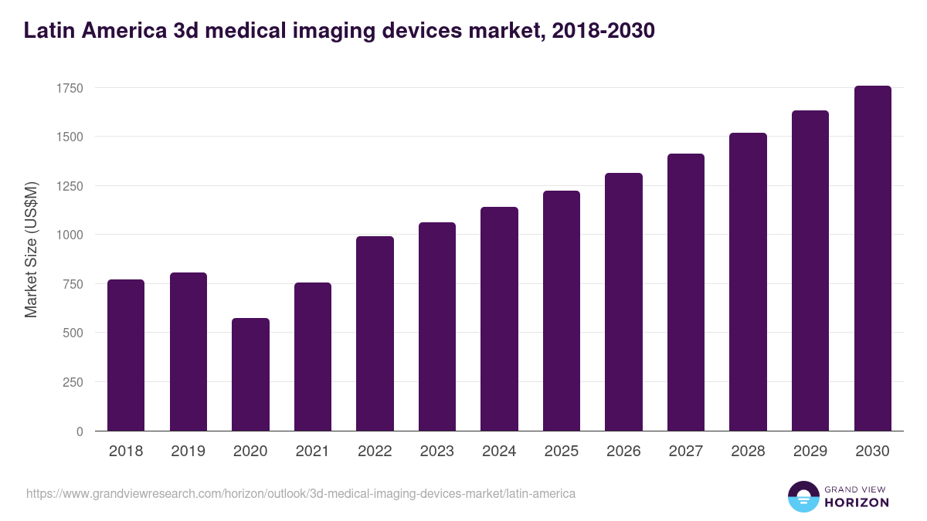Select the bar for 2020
pos(250,374)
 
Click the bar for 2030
pos(872,259)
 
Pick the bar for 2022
pos(375,333)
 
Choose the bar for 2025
pos(562,310)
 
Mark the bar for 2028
pos(748,282)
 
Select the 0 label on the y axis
pos(80,431)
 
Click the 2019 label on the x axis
pos(188,452)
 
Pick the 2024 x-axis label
pos(499,452)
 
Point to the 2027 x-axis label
pos(685,452)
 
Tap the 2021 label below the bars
pos(312,452)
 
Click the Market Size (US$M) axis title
pos(31,249)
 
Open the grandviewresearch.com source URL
pos(301,493)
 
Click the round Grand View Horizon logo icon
pos(803,496)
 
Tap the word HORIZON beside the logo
pos(857,502)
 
